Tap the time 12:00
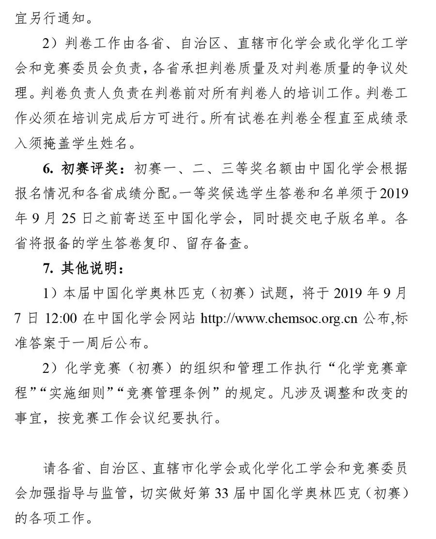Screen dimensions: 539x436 (62, 318)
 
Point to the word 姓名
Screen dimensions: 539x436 (121, 144)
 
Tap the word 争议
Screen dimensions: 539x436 (365, 69)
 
